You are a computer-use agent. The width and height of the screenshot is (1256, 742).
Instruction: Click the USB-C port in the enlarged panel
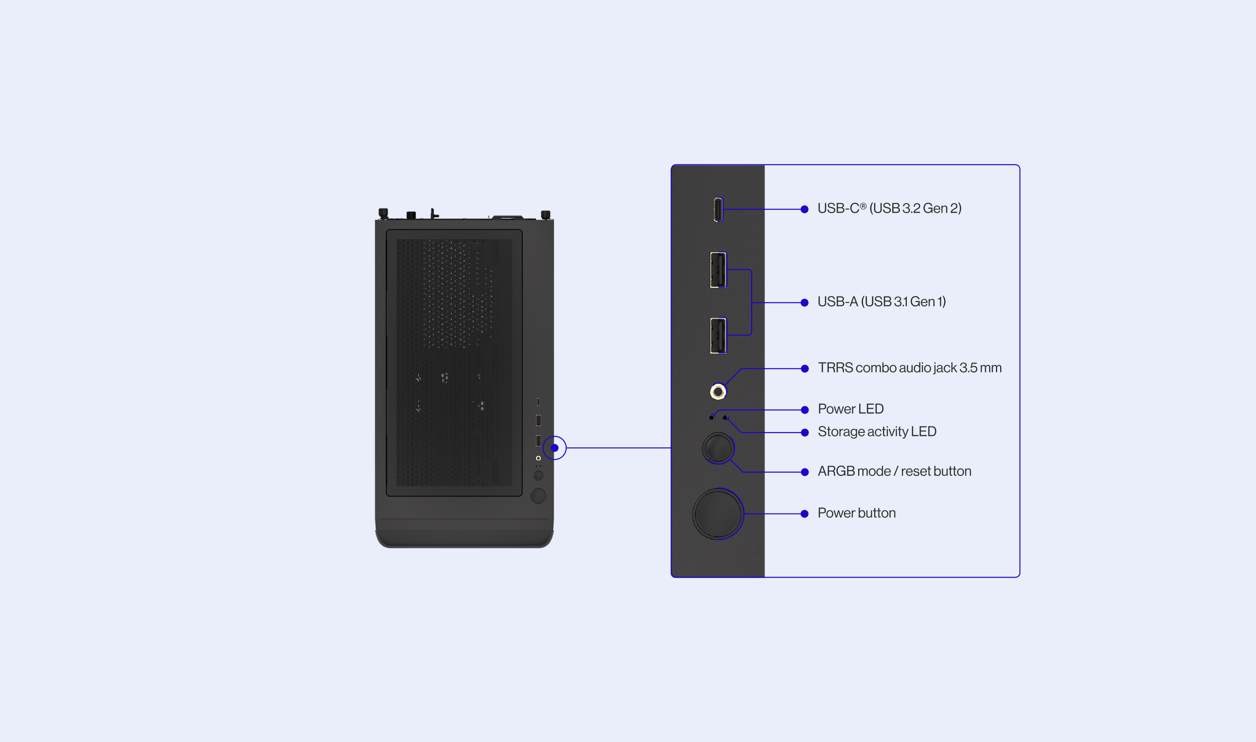coord(718,209)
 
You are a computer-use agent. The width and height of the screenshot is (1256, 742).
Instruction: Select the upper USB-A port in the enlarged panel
coord(718,270)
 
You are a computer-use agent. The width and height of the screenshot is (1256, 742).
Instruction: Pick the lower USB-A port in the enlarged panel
coord(718,336)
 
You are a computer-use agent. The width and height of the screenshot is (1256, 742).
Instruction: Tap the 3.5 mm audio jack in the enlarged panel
coord(718,391)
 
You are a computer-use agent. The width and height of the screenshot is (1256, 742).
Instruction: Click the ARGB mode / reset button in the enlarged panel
coord(718,448)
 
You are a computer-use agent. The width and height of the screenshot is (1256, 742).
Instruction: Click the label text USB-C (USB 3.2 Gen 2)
coord(890,209)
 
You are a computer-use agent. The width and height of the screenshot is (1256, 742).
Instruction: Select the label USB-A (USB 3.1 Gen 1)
coord(882,301)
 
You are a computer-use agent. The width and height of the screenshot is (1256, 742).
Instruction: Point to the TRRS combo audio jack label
coord(910,368)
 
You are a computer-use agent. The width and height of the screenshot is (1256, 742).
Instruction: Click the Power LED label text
coord(850,409)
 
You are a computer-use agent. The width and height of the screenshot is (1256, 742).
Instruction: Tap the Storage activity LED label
coord(877,432)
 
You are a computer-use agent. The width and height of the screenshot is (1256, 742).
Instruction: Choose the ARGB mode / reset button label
coord(895,471)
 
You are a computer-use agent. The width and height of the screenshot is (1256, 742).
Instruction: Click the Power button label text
coord(857,513)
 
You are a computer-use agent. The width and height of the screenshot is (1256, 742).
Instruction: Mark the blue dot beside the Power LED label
coord(805,410)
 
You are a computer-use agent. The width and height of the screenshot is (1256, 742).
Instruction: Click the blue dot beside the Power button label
coord(805,514)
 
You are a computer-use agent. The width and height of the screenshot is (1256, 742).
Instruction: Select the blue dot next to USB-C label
coord(805,209)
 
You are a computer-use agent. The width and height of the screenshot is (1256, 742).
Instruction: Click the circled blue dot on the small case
coord(555,448)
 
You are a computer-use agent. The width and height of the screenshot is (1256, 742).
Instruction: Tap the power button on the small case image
coord(538,495)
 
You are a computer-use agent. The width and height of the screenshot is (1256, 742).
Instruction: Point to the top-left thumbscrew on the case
coord(383,214)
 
